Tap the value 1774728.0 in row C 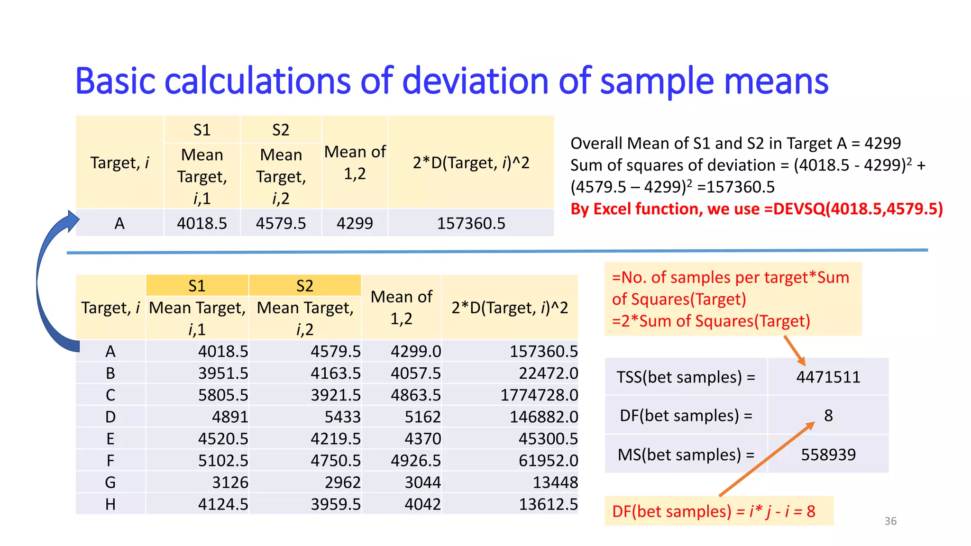pyautogui.click(x=539, y=395)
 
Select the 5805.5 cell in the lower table pyautogui.click(x=223, y=395)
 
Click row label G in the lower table pyautogui.click(x=110, y=482)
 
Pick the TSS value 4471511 pyautogui.click(x=828, y=377)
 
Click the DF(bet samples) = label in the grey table pyautogui.click(x=686, y=416)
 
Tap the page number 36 pyautogui.click(x=890, y=521)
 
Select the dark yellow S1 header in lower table pyautogui.click(x=197, y=286)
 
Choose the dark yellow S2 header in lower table pyautogui.click(x=304, y=286)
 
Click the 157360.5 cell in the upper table pyautogui.click(x=471, y=223)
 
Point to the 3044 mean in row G pyautogui.click(x=422, y=482)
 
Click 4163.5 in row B pyautogui.click(x=335, y=373)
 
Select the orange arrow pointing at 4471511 pyautogui.click(x=795, y=350)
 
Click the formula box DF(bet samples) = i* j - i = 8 pyautogui.click(x=718, y=511)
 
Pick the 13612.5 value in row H pyautogui.click(x=548, y=504)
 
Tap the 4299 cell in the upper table pyautogui.click(x=355, y=223)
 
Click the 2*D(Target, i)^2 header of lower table pyautogui.click(x=509, y=308)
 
